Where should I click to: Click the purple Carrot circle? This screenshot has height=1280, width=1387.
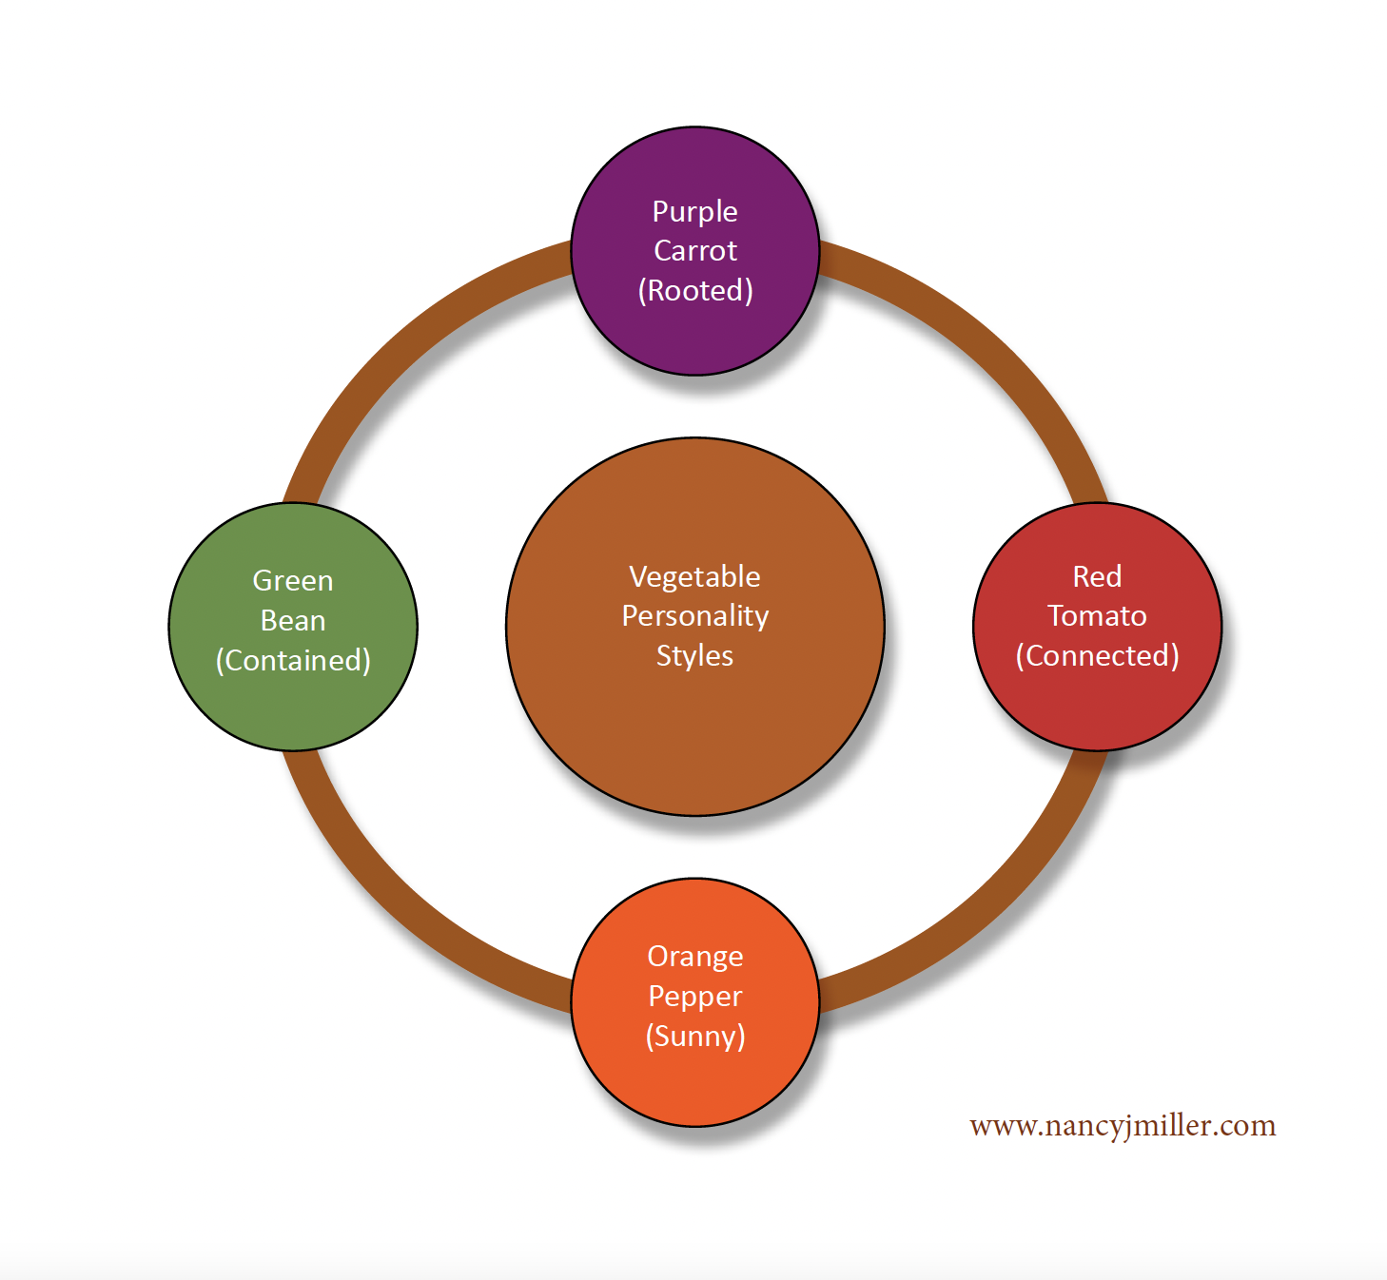pyautogui.click(x=695, y=333)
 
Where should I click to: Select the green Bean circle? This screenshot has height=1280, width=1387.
pyautogui.click(x=293, y=704)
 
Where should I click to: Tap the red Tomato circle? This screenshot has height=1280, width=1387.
pyautogui.click(x=1097, y=704)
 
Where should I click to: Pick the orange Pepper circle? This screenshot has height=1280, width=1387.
pyautogui.click(x=695, y=1084)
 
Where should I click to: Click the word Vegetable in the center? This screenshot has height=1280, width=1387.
pyautogui.click(x=695, y=576)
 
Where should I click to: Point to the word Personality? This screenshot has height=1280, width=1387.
pyautogui.click(x=695, y=616)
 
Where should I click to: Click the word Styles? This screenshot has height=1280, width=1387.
pyautogui.click(x=695, y=656)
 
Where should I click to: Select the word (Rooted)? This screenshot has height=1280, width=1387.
pyautogui.click(x=695, y=290)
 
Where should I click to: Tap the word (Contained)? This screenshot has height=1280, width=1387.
pyautogui.click(x=293, y=660)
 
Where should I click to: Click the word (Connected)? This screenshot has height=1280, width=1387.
pyautogui.click(x=1097, y=655)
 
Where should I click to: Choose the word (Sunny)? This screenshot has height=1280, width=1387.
pyautogui.click(x=695, y=1036)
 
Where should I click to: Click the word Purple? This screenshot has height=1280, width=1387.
pyautogui.click(x=695, y=211)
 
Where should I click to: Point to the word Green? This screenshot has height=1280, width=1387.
pyautogui.click(x=293, y=580)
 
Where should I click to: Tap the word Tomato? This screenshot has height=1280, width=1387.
pyautogui.click(x=1097, y=616)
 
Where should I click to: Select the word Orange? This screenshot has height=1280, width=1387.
pyautogui.click(x=695, y=957)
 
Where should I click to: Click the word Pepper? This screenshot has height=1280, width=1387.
pyautogui.click(x=695, y=997)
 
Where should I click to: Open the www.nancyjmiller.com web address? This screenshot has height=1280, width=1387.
pyautogui.click(x=1123, y=1125)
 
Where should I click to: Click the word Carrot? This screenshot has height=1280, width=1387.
pyautogui.click(x=695, y=250)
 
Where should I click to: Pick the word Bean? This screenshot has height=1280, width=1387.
pyautogui.click(x=293, y=620)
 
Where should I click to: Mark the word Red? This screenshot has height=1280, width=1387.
pyautogui.click(x=1097, y=576)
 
